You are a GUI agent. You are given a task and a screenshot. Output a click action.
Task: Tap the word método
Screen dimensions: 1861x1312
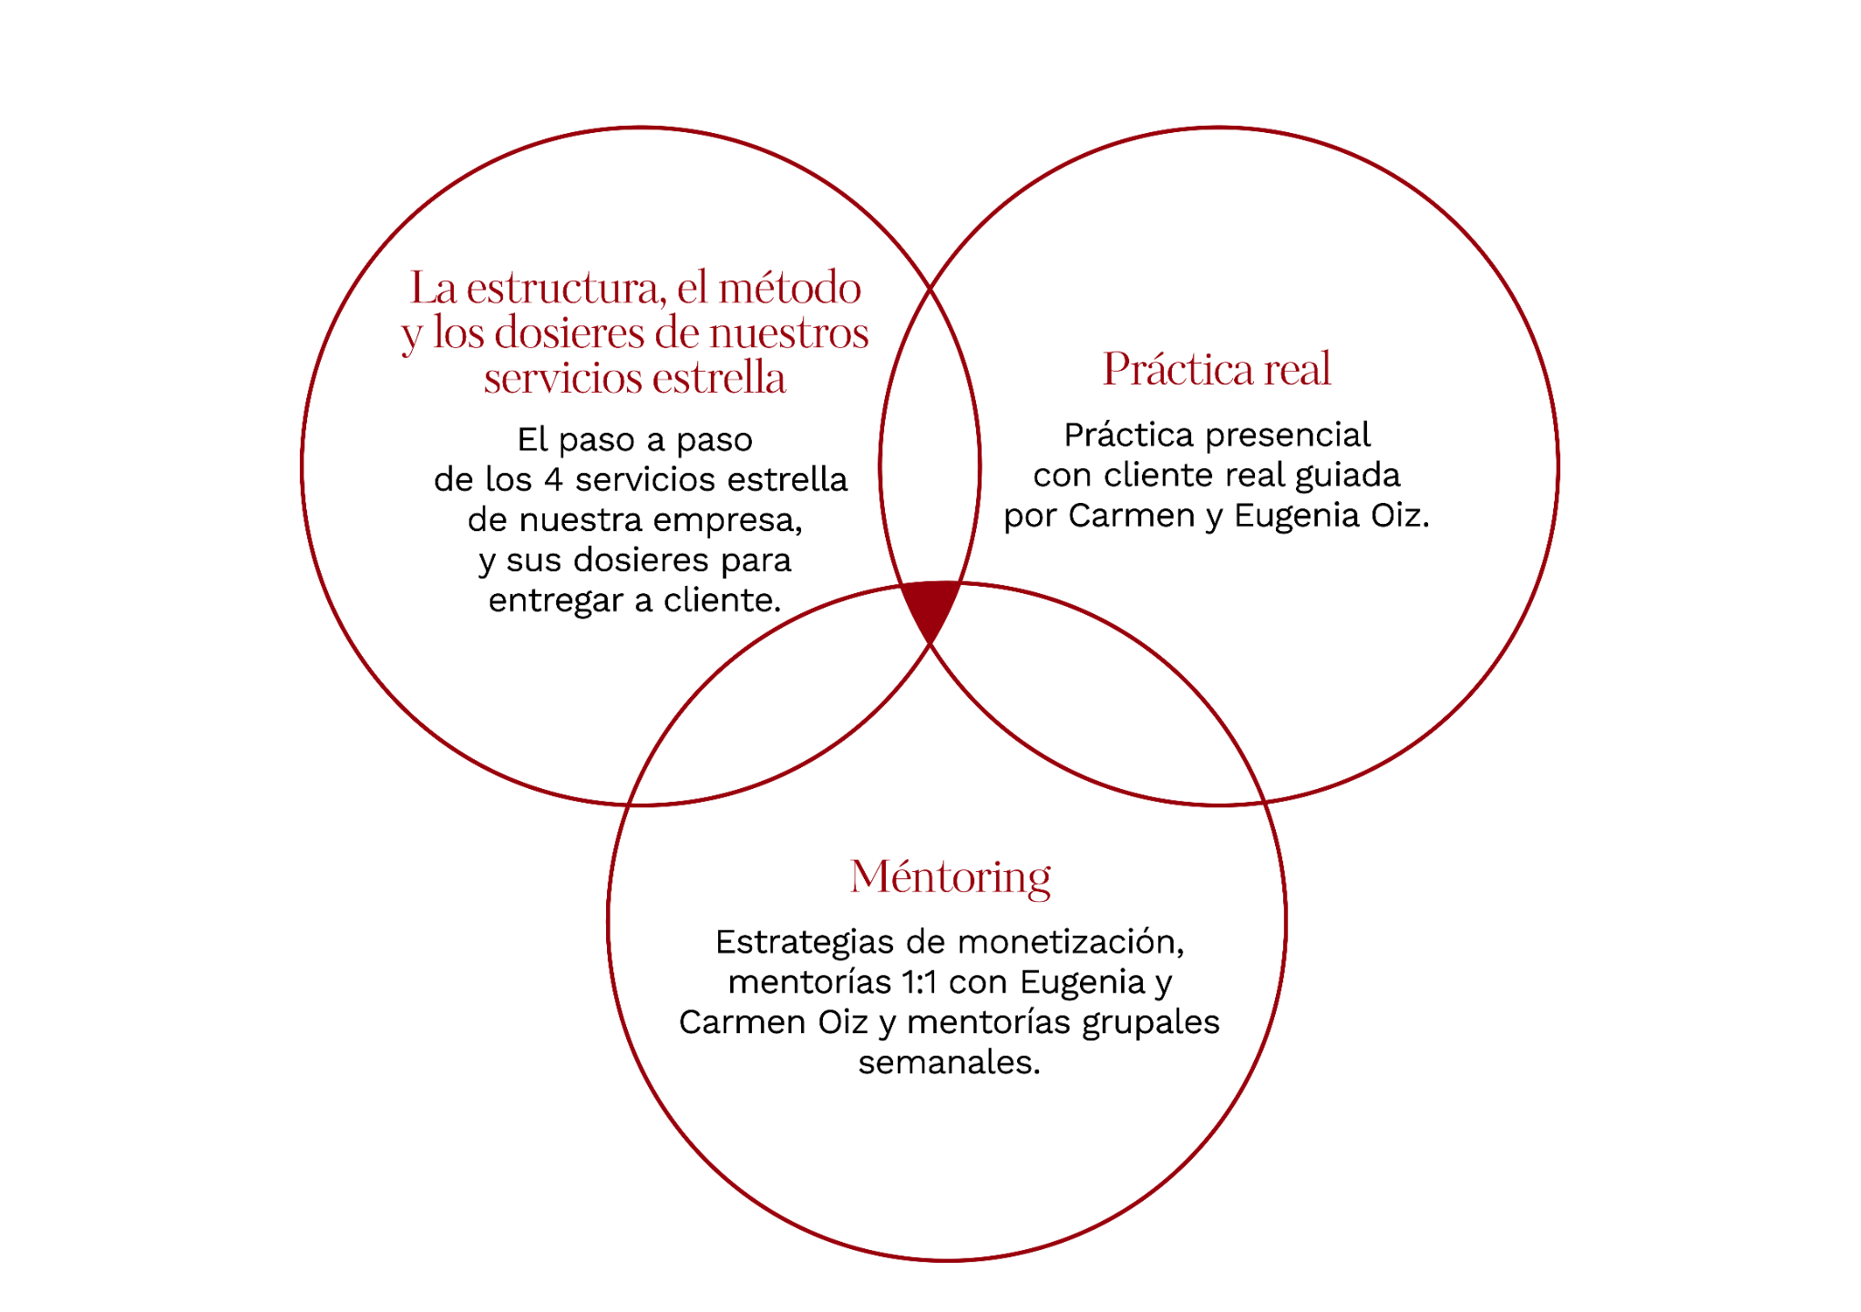(x=789, y=289)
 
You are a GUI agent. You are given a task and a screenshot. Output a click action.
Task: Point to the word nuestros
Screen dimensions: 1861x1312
(x=789, y=333)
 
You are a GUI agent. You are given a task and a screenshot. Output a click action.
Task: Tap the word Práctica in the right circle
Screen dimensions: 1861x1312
(x=1177, y=369)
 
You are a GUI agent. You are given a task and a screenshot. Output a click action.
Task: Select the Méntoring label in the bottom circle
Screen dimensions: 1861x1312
(x=950, y=877)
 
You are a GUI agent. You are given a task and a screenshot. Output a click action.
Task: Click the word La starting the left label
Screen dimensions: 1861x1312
(x=432, y=289)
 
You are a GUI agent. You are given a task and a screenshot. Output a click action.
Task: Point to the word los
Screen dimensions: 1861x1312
(x=458, y=333)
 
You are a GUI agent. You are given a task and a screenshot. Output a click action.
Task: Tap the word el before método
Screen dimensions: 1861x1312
(x=692, y=289)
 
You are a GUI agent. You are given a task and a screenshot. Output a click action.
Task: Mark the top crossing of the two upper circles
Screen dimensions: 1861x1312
(x=930, y=287)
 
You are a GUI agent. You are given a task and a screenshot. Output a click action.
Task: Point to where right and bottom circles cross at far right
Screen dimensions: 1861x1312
(x=1264, y=803)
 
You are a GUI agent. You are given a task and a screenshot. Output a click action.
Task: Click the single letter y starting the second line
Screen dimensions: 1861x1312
(x=412, y=335)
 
